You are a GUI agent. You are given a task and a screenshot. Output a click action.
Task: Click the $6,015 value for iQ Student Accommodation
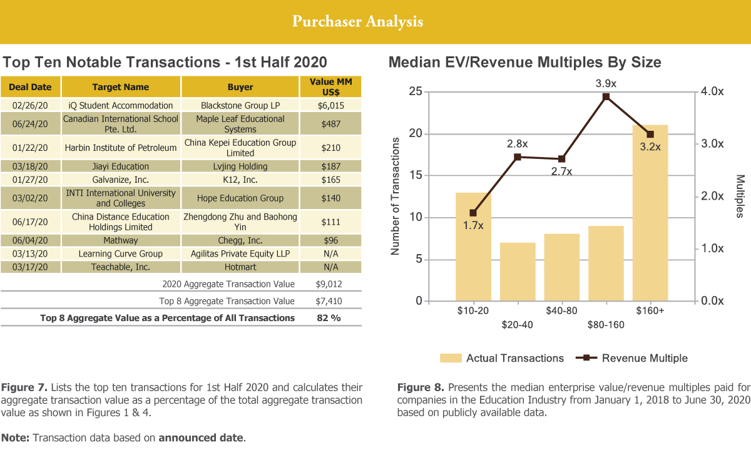[331, 105]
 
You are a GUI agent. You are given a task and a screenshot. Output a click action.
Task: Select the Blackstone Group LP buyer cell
[240, 105]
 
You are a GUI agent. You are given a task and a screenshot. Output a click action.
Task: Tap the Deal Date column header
[31, 87]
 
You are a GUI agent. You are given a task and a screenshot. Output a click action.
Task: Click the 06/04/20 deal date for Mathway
[30, 240]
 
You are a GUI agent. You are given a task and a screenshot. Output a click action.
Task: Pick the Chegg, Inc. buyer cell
[240, 240]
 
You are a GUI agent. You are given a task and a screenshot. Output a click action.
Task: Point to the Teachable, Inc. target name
[121, 267]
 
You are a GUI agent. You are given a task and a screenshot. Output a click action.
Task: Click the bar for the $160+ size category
[650, 213]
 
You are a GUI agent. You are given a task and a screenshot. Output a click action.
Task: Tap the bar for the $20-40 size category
[518, 272]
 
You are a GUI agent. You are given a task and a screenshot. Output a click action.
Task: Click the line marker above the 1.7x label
[473, 213]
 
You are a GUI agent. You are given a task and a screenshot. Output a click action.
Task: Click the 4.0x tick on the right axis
[712, 92]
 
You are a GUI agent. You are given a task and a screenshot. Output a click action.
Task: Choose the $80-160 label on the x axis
[606, 325]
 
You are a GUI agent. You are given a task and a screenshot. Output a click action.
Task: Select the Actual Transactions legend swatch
[451, 359]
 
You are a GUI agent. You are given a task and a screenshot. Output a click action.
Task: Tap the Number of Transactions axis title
[396, 197]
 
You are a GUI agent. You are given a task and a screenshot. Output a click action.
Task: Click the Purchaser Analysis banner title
[357, 22]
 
